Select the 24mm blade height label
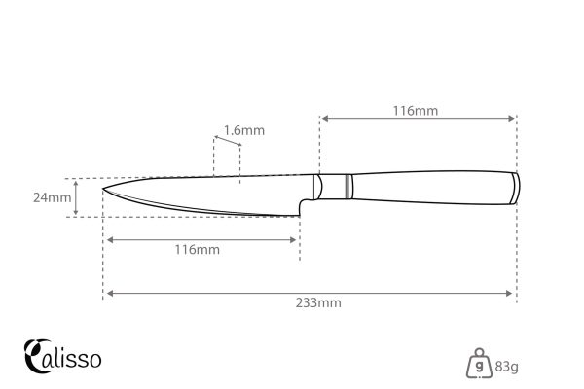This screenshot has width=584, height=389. click(51, 197)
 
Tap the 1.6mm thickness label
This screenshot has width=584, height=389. click(243, 130)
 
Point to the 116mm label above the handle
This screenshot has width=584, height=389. click(418, 111)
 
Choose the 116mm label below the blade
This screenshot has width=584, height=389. click(198, 250)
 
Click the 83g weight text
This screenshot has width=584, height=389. click(505, 367)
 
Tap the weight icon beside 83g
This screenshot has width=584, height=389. click(478, 363)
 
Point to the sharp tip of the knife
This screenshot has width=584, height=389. click(105, 187)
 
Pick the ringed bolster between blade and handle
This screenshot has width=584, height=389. click(336, 185)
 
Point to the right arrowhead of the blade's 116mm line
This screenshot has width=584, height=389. click(295, 238)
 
